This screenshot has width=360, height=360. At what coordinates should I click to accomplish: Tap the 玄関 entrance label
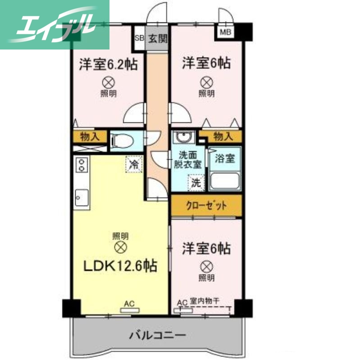pyautogui.click(x=158, y=38)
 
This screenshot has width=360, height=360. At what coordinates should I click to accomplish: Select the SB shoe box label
pyautogui.click(x=139, y=38)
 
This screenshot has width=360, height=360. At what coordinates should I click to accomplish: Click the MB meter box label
pyautogui.click(x=224, y=32)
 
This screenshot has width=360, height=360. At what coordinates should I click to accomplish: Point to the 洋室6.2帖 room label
pyautogui.click(x=109, y=64)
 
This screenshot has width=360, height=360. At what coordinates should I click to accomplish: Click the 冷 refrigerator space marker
pyautogui.click(x=134, y=164)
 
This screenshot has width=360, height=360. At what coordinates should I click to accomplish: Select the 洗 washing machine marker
pyautogui.click(x=196, y=183)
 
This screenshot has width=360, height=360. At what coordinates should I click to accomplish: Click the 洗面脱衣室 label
pyautogui.click(x=188, y=160)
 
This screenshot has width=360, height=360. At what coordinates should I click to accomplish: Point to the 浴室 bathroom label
pyautogui.click(x=224, y=158)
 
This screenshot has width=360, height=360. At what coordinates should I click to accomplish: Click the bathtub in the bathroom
pyautogui.click(x=225, y=180)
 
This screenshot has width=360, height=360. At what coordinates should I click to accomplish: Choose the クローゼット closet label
pyautogui.click(x=206, y=206)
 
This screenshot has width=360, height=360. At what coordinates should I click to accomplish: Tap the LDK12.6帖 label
pyautogui.click(x=120, y=266)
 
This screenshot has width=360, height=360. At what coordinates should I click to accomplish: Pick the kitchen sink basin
pyautogui.click(x=82, y=197)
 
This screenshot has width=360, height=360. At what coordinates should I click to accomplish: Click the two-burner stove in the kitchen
pyautogui.click(x=82, y=165)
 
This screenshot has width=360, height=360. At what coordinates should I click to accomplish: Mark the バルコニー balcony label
pyautogui.click(x=157, y=335)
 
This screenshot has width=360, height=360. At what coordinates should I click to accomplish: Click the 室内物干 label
pyautogui.click(x=205, y=302)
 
